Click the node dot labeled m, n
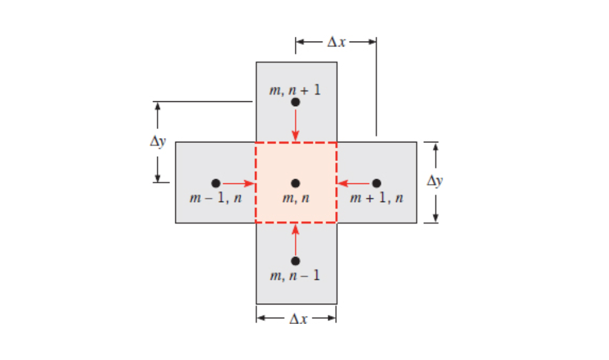click(295, 183)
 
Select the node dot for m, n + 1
click(295, 102)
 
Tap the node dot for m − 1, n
click(215, 183)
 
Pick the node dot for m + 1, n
click(376, 183)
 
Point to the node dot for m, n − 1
click(295, 261)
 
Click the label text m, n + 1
click(295, 90)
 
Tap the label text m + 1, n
click(377, 198)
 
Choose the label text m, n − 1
click(295, 276)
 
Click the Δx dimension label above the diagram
click(336, 42)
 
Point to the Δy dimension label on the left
click(157, 143)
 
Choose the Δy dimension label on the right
click(435, 181)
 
